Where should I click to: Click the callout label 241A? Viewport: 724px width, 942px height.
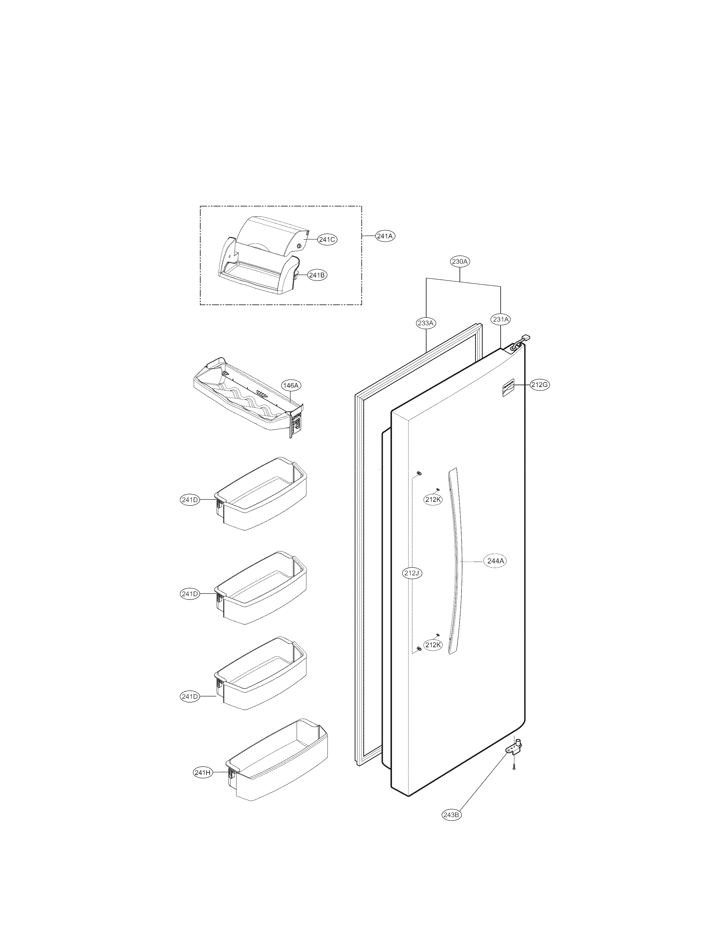385,236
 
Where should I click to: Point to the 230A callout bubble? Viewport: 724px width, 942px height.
460,261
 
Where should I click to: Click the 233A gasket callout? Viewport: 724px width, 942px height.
426,323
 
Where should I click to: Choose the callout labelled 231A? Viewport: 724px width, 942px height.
500,319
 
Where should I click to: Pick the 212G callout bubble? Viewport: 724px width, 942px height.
539,385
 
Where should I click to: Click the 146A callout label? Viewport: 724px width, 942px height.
290,385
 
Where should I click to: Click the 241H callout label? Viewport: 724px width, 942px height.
202,773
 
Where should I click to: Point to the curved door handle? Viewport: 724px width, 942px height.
455,560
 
